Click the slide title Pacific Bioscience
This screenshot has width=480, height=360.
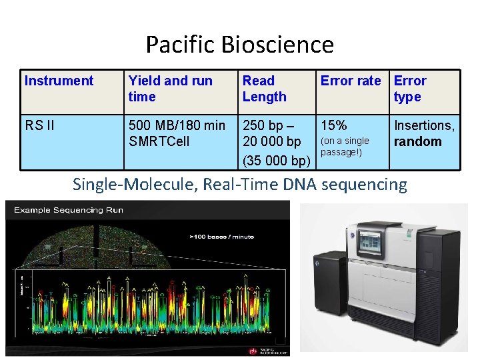click(239, 45)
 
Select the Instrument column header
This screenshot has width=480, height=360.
click(59, 81)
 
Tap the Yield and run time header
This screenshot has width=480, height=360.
click(170, 89)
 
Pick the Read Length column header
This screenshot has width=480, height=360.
click(264, 89)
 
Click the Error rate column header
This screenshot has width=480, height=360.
click(351, 81)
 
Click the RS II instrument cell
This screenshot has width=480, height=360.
click(39, 125)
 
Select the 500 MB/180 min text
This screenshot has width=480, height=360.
click(177, 125)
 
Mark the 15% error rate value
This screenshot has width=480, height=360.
click(333, 125)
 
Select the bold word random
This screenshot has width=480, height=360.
click(417, 141)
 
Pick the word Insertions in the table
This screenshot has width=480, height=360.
click(424, 125)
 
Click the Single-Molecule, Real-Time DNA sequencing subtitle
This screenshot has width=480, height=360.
click(239, 184)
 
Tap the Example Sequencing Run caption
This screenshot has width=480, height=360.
click(69, 210)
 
